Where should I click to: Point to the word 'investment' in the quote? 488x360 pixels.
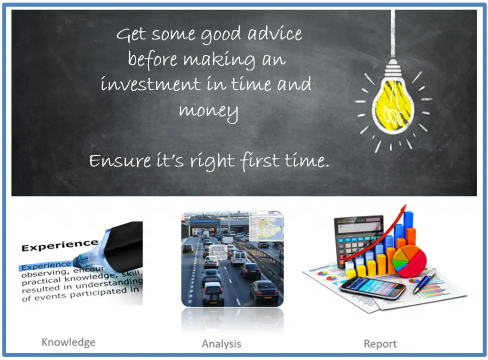(151, 85)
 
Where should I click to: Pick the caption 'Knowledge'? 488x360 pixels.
(68, 342)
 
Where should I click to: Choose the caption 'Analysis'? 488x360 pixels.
(221, 344)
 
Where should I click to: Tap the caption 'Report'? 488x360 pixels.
(380, 344)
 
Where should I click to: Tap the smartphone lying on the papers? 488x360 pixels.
(372, 287)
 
